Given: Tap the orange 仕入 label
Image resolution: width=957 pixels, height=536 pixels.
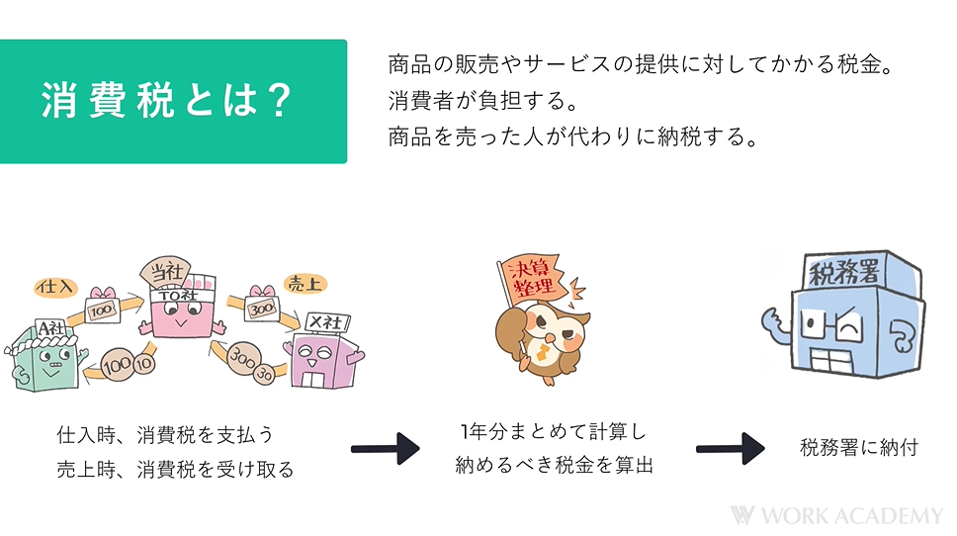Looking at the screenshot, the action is [x=53, y=287].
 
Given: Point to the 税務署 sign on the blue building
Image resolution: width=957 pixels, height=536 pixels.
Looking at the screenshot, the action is [x=842, y=270].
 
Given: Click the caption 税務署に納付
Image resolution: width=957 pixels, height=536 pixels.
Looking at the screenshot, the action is [x=858, y=447].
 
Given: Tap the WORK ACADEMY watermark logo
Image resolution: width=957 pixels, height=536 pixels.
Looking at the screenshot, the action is [x=836, y=515].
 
